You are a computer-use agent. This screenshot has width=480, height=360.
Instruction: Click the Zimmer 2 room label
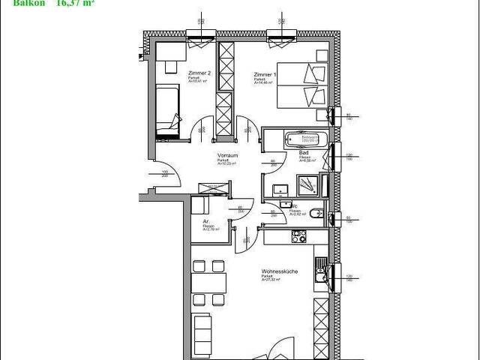199,73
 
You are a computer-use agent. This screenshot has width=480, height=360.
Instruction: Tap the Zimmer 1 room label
265,75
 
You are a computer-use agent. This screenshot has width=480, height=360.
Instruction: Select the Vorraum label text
228,155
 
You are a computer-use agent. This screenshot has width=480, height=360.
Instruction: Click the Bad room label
304,152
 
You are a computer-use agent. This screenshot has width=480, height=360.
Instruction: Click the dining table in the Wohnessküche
209,283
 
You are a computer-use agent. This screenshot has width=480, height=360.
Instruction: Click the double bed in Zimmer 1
301,85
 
